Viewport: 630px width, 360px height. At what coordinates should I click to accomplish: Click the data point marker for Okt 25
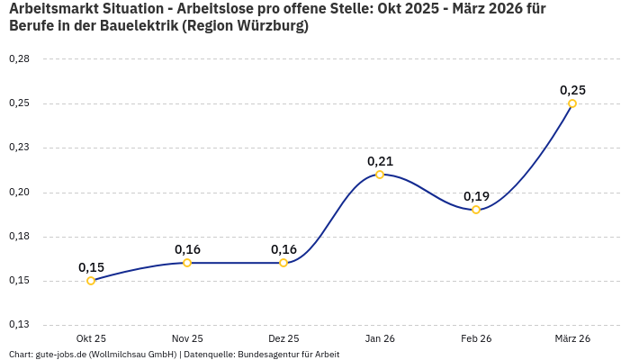coord(91,281)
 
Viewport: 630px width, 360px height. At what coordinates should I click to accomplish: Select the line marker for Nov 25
coord(187,263)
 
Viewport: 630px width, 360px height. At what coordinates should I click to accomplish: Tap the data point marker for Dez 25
coord(283,263)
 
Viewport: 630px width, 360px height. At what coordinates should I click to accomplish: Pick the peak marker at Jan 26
coord(380,175)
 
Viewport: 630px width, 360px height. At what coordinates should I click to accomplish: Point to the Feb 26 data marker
coord(476,210)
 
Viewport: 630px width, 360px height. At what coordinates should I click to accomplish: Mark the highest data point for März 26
coord(572,103)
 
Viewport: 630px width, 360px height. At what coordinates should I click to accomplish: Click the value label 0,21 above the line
coord(380,161)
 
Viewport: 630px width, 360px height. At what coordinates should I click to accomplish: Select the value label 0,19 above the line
coord(476,196)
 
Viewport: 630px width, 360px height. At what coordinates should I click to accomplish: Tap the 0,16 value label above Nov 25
coord(187,249)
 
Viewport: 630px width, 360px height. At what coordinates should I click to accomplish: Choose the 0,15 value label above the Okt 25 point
coord(91,267)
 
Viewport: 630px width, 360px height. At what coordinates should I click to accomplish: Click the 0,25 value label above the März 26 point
coord(572,90)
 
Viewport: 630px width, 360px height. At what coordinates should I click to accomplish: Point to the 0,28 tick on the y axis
coord(19,59)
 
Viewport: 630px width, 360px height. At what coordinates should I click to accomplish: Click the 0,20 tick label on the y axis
coord(19,193)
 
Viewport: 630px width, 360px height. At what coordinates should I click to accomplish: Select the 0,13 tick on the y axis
coord(19,325)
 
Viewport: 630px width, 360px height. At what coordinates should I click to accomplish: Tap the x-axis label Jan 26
coord(380,338)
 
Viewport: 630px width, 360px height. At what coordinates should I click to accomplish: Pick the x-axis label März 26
coord(572,338)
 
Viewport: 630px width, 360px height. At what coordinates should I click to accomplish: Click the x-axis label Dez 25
coord(283,338)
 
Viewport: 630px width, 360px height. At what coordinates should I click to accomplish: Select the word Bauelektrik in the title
coord(133,26)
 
